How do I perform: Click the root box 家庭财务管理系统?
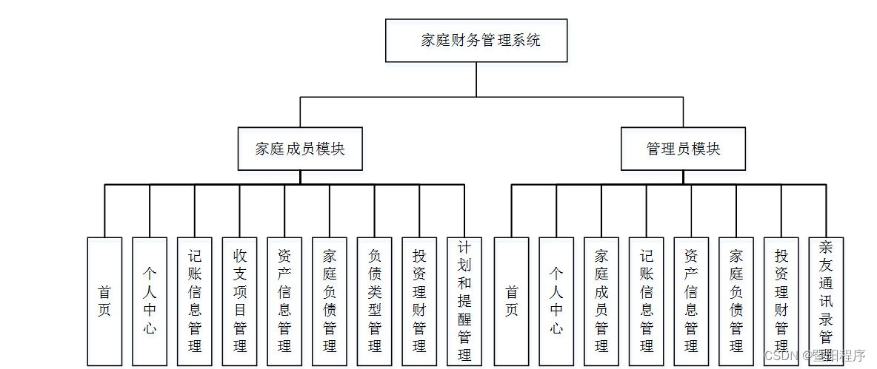coord(476,41)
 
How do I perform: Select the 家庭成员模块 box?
coord(300,149)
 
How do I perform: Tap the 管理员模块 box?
coord(683,149)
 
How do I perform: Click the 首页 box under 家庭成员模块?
coord(104,301)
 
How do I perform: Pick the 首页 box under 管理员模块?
coord(511,301)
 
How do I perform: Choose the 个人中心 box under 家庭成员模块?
coord(150,301)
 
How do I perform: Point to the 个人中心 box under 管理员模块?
coord(556,301)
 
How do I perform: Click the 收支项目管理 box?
coord(240,301)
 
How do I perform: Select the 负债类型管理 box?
coord(375,301)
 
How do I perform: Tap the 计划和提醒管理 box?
coord(464,301)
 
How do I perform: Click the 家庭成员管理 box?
coord(601,301)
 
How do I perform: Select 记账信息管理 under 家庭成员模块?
coord(195,301)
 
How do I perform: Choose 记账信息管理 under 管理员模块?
coord(647,301)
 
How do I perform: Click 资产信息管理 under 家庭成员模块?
coord(284,301)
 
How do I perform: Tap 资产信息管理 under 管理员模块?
coord(691,301)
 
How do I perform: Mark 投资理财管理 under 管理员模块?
coord(781,301)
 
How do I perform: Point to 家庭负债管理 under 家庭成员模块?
coord(330,301)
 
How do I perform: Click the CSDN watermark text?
coord(814,356)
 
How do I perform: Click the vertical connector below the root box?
coord(476,79)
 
